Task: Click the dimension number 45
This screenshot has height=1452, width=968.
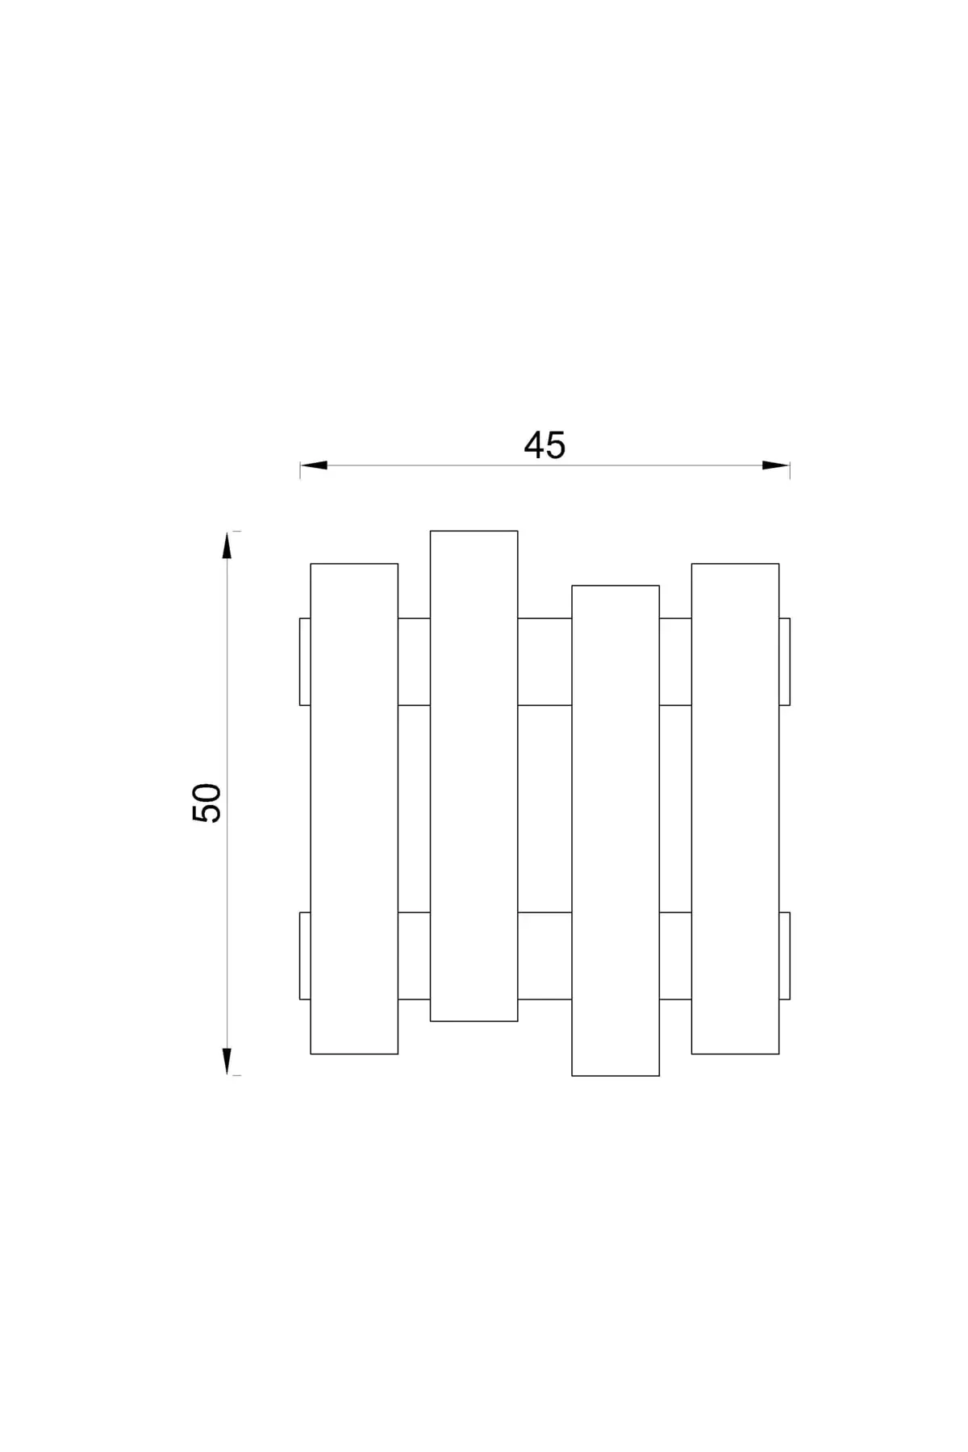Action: click(x=544, y=445)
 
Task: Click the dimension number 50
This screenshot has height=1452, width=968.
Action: click(x=207, y=803)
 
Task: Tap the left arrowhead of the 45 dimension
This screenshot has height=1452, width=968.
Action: click(x=314, y=465)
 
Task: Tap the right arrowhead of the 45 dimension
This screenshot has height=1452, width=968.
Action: click(x=776, y=465)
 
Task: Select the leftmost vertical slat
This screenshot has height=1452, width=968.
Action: click(x=354, y=808)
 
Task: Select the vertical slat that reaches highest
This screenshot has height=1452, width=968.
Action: click(x=474, y=776)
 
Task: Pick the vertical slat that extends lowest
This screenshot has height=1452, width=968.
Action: click(x=615, y=831)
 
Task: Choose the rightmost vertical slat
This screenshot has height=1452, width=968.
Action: click(x=735, y=808)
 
